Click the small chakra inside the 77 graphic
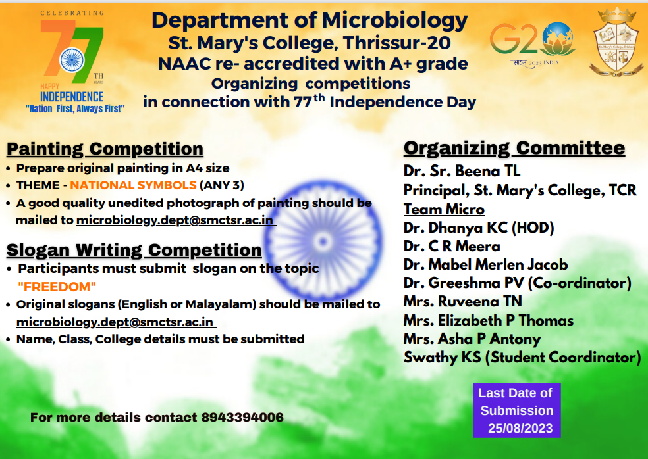click(72, 60)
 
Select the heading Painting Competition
click(105, 149)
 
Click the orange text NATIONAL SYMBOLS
click(133, 185)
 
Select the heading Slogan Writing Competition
click(134, 250)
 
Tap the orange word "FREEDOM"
click(57, 287)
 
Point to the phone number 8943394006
click(242, 418)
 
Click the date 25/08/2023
click(520, 429)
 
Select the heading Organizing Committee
click(514, 148)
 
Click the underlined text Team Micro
click(444, 209)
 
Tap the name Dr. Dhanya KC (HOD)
click(479, 228)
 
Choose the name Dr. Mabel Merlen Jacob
click(486, 264)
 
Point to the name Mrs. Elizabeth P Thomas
click(489, 320)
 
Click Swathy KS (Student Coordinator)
click(522, 358)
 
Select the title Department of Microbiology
click(310, 20)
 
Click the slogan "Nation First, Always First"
click(75, 109)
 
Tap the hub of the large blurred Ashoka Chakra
click(323, 241)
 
